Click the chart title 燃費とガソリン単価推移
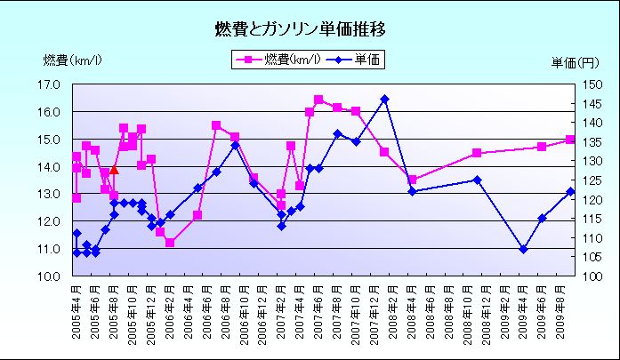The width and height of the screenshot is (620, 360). pos(300,29)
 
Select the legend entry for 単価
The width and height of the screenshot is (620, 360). pos(357,60)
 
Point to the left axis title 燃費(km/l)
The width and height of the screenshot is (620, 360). pos(72,60)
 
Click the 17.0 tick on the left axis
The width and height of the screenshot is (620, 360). pos(49,84)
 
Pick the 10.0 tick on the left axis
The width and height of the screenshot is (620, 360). pos(49,276)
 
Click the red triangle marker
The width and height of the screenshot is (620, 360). pos(114,170)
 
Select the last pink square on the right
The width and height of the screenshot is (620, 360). pos(570,140)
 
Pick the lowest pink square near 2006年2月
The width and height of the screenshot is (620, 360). pos(170,242)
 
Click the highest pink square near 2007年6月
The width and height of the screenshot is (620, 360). pos(318,100)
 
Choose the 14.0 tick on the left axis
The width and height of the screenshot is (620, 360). pos(49,166)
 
